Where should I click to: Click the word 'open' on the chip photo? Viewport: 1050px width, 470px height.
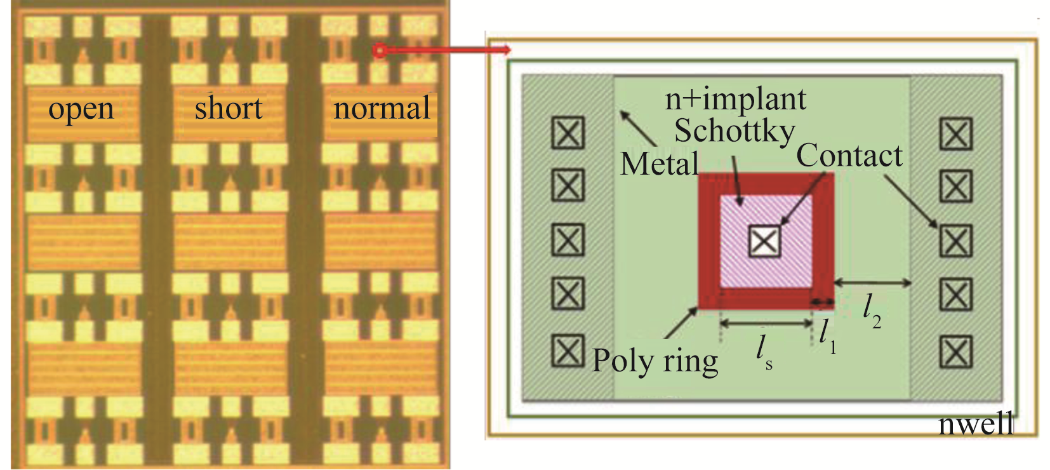coord(81,109)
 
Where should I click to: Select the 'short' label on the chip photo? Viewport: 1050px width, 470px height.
coord(229,108)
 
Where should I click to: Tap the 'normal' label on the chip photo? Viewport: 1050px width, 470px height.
coord(382,108)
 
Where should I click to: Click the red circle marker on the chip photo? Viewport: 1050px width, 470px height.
coord(379,50)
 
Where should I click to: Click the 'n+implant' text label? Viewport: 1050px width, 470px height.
coord(735,99)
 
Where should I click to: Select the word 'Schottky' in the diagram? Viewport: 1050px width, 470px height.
coord(734,131)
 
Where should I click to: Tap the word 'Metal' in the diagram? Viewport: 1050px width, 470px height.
coord(660,164)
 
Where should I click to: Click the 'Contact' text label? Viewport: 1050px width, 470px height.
coord(849,156)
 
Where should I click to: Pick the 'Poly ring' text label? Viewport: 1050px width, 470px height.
coord(655,361)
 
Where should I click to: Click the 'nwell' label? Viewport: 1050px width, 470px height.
coord(976,424)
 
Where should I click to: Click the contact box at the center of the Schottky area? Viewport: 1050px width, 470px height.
coord(764,241)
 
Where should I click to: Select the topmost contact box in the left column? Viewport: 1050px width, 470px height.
coord(568,133)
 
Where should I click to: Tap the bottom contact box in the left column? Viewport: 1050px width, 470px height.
coord(568,351)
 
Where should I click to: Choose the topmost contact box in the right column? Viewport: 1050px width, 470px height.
coord(955,134)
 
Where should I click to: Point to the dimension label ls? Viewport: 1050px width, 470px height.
coord(764,351)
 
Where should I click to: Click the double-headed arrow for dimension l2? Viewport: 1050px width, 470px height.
coord(872,283)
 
